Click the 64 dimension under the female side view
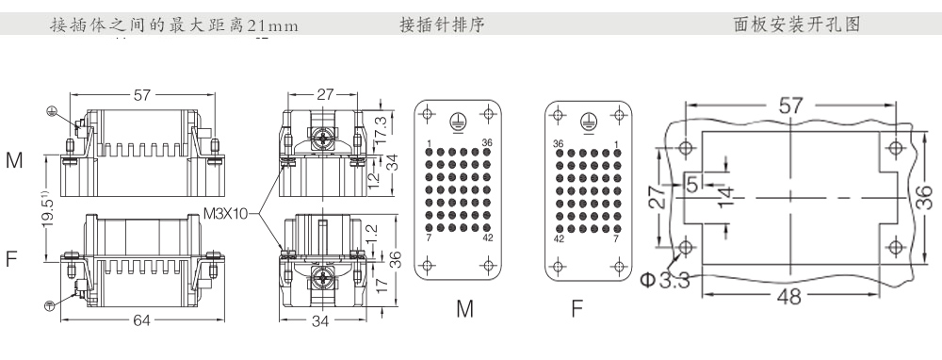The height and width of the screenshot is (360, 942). [x=142, y=321]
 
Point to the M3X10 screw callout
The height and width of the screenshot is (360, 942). [x=225, y=213]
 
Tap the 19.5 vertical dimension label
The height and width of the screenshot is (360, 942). [x=49, y=210]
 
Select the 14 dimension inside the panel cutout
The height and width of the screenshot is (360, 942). [x=725, y=196]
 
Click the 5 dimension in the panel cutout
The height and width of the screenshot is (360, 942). [x=692, y=184]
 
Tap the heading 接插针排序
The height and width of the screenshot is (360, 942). [x=442, y=25]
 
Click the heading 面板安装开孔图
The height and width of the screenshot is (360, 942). [x=797, y=25]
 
